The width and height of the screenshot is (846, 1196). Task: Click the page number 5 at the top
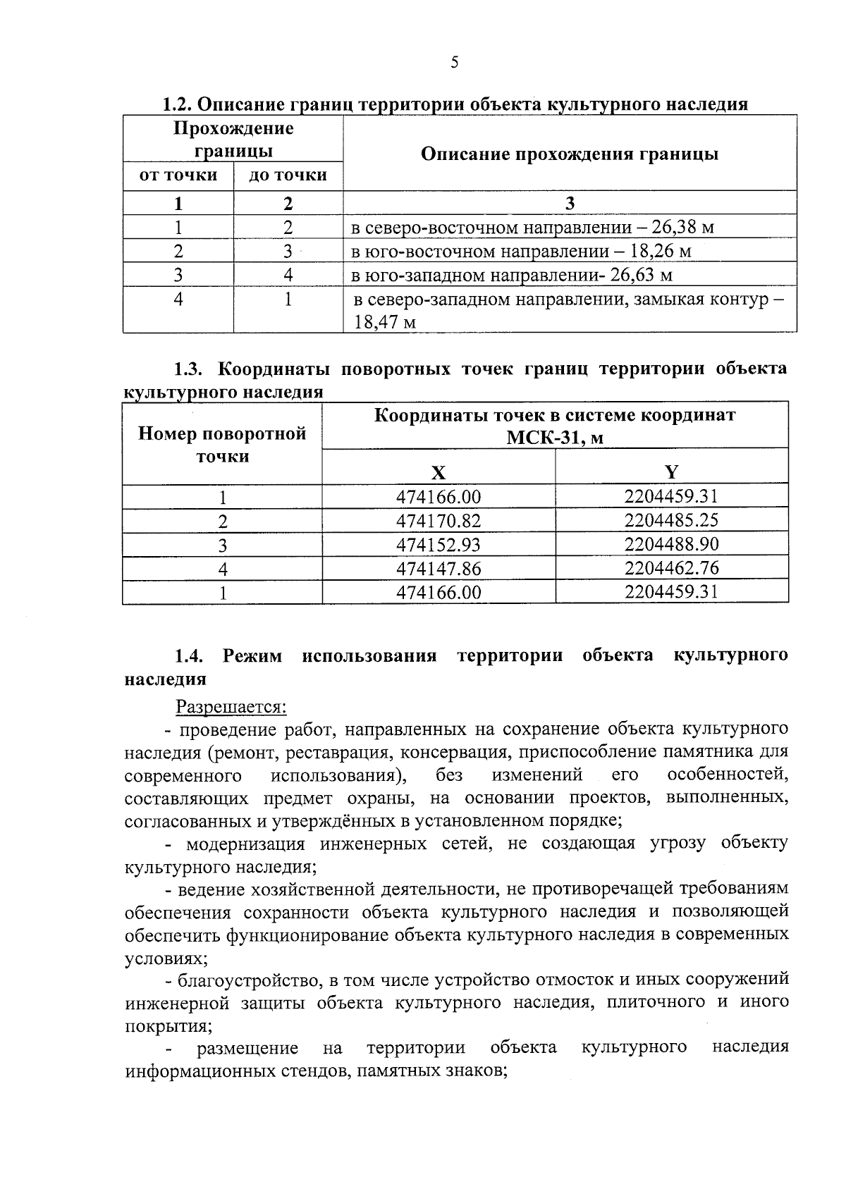[x=454, y=63]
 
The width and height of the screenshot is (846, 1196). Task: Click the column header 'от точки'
[x=178, y=175]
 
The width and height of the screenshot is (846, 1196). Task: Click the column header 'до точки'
[x=288, y=175]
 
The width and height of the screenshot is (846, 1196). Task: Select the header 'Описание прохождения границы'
[x=570, y=154]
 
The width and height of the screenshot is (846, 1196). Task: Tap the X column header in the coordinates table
[x=439, y=472]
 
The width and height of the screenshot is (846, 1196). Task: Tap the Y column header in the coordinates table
[x=671, y=472]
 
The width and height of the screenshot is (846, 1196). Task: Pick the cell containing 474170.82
[x=439, y=521]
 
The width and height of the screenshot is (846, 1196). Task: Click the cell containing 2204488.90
[x=671, y=544]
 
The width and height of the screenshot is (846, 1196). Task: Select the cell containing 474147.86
[x=439, y=568]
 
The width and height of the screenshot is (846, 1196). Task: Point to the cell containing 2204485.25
[x=671, y=521]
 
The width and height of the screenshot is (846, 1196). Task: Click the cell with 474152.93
[x=439, y=544]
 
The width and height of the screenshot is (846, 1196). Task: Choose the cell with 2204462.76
[x=671, y=568]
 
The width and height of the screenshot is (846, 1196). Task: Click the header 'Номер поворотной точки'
[x=223, y=444]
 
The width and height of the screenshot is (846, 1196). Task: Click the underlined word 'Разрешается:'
[x=231, y=706]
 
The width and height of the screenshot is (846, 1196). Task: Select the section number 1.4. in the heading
[x=190, y=655]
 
